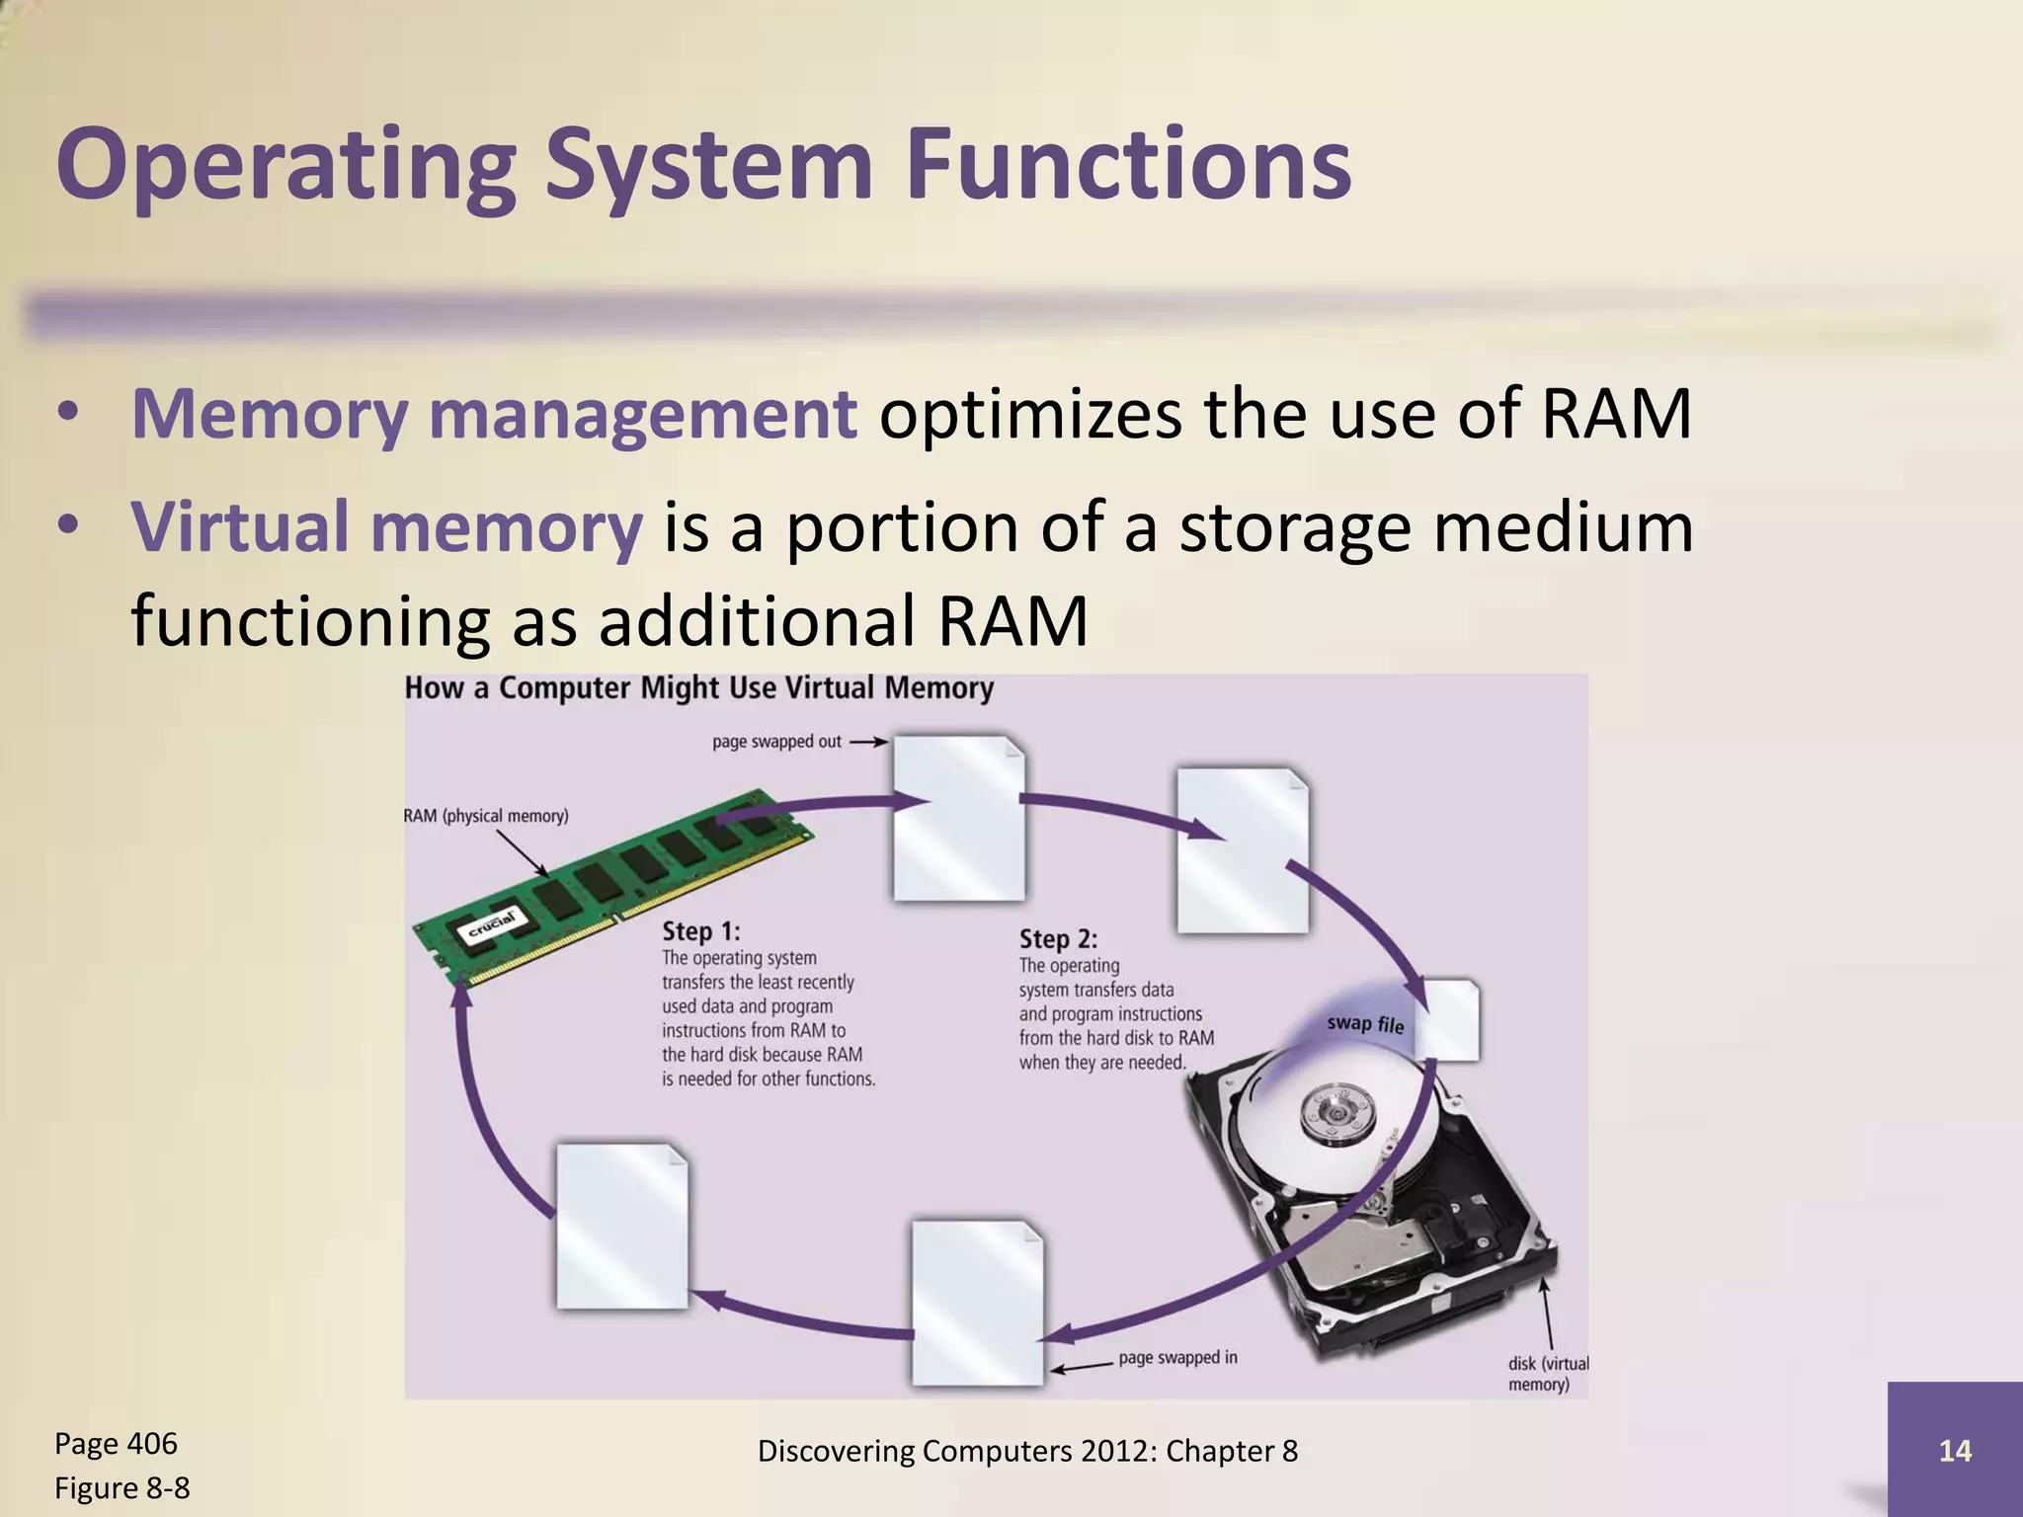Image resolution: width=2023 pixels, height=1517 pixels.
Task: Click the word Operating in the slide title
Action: coord(286,165)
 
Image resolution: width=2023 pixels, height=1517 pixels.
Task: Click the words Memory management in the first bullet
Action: coord(494,414)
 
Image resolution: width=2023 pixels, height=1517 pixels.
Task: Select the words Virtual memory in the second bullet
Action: coord(387,526)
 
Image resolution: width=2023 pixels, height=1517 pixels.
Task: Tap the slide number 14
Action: coord(1955,1450)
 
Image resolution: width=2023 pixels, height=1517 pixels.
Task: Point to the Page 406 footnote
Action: coord(116,1443)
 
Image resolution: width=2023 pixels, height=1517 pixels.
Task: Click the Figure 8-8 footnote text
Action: coord(121,1487)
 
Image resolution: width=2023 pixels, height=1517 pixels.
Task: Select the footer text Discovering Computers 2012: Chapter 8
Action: coord(1027,1450)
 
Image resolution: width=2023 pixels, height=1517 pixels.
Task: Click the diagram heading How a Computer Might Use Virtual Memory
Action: coord(698,687)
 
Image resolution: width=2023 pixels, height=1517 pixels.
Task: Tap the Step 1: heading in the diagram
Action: coord(700,930)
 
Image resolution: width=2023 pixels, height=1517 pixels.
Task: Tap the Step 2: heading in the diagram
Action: coord(1058,938)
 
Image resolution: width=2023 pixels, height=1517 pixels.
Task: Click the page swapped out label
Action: coord(776,741)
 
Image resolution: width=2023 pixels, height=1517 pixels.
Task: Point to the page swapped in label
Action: coord(1177,1357)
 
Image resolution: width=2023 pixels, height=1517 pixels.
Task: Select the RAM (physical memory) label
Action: coord(486,816)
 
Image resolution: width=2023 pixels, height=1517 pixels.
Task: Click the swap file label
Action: coord(1364,1023)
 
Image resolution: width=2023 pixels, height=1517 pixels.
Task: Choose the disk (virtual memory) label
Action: coord(1548,1373)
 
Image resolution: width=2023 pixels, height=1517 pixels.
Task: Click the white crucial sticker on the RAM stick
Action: coord(491,927)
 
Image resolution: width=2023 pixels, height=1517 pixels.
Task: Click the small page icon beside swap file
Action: coord(1452,1019)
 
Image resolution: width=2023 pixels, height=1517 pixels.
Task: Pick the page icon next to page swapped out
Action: coord(958,817)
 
